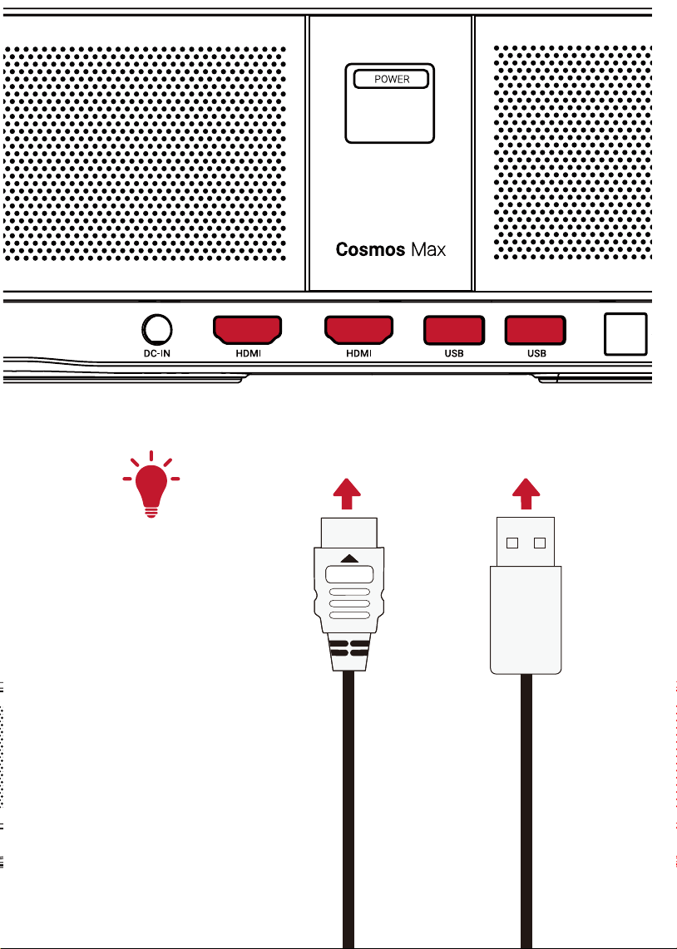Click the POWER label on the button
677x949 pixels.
[392, 79]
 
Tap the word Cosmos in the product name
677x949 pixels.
[371, 249]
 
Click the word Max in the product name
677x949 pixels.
[428, 249]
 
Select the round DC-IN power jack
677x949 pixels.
[157, 330]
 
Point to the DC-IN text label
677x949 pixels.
[157, 353]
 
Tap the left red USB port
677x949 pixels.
[454, 331]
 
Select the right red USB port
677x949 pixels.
[536, 331]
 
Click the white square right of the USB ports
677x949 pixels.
[625, 334]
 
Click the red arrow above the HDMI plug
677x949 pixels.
[347, 494]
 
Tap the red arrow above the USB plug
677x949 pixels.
[526, 494]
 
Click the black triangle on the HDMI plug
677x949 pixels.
[348, 558]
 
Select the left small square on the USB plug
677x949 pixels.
[512, 543]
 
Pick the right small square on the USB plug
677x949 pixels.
[540, 543]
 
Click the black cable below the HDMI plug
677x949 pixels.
[348, 809]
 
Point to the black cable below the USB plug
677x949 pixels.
[526, 811]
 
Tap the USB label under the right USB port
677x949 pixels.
[536, 353]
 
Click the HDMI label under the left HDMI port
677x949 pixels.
[249, 353]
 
